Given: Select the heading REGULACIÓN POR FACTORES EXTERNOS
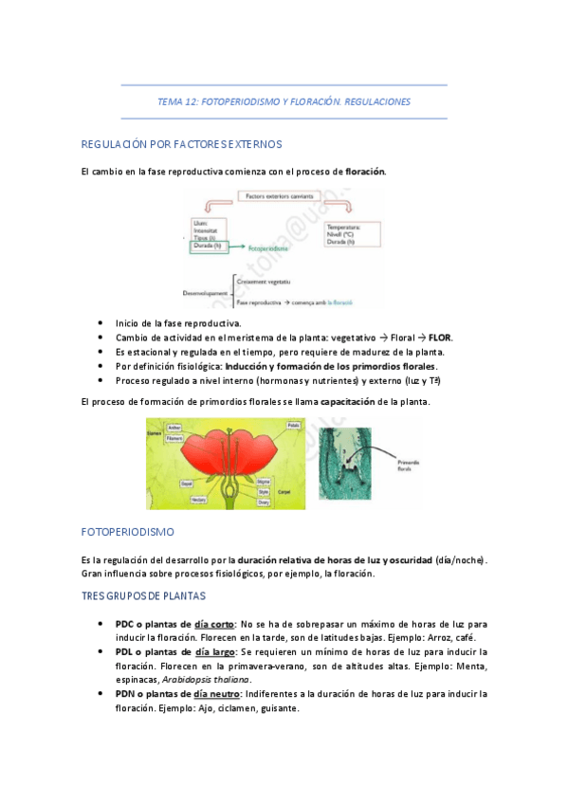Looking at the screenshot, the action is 182,144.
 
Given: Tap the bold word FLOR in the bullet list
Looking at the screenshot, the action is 440,338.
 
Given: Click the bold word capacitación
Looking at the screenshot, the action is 348,402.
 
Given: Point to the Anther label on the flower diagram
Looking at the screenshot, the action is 174,429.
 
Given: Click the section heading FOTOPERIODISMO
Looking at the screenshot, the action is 128,534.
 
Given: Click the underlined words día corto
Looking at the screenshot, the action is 214,625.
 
